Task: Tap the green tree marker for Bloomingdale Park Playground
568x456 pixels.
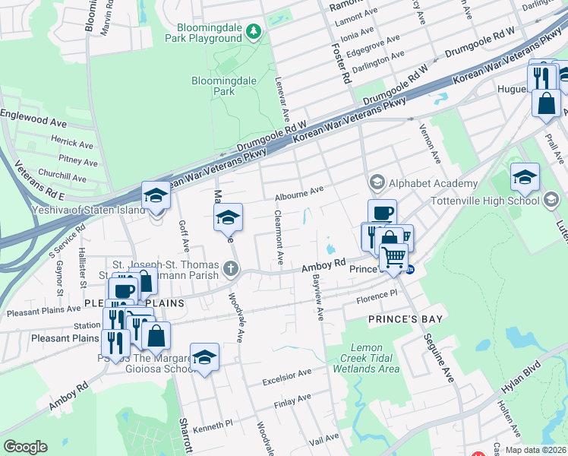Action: pyautogui.click(x=254, y=31)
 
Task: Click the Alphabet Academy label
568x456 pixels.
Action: pyautogui.click(x=433, y=183)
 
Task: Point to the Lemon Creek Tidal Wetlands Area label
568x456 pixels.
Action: pyautogui.click(x=366, y=358)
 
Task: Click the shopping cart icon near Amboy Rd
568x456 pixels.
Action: pyautogui.click(x=393, y=258)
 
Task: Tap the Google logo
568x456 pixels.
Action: pyautogui.click(x=26, y=447)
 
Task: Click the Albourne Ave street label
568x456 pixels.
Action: pyautogui.click(x=299, y=192)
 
